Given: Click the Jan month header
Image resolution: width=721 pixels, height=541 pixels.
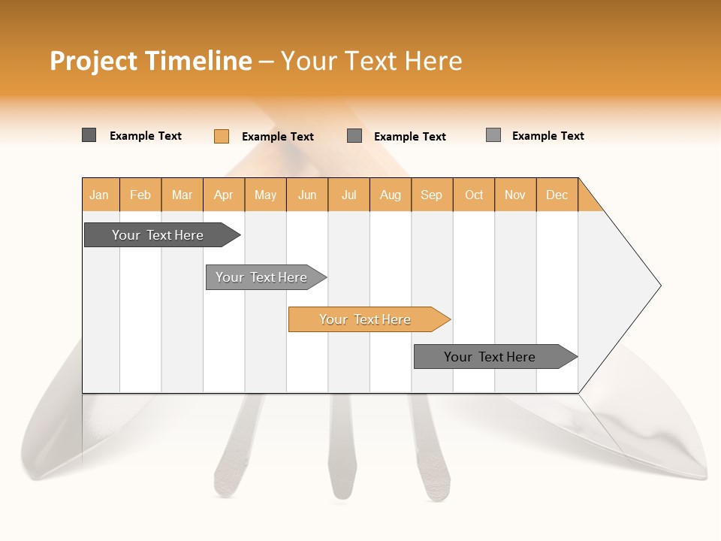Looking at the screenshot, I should [x=100, y=195].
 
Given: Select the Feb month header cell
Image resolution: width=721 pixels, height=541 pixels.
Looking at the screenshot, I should [x=140, y=195].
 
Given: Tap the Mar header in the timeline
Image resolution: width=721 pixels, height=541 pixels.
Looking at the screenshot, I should [x=182, y=195].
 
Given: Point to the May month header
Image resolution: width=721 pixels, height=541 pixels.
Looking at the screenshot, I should [x=265, y=195].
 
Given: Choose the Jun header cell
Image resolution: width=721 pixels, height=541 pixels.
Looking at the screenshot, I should [x=307, y=195].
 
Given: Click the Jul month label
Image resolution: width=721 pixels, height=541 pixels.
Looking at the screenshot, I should [x=348, y=195].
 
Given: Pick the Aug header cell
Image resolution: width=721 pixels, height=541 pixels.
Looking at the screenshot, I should [x=391, y=195].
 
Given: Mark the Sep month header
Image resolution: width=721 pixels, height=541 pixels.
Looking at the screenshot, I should [x=432, y=195].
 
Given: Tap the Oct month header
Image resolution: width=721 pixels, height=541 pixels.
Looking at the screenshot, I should [x=474, y=195].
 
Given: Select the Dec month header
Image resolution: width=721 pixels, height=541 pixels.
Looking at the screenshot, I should [x=557, y=195].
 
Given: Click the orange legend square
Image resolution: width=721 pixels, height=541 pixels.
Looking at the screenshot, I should [x=222, y=136].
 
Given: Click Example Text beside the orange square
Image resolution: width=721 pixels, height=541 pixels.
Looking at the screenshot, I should [x=278, y=137].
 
